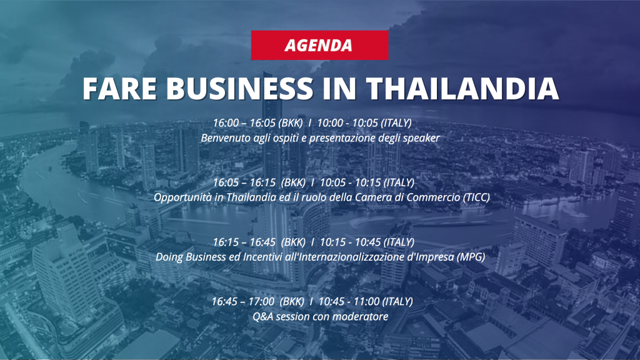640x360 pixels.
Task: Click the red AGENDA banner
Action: [x=319, y=45]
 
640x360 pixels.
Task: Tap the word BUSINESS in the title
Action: [x=239, y=88]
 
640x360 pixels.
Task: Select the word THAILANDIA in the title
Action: [x=462, y=88]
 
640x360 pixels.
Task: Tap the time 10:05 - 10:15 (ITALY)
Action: [x=367, y=182]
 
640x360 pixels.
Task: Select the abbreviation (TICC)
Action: [x=476, y=197]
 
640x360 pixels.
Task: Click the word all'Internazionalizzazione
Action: [x=338, y=257]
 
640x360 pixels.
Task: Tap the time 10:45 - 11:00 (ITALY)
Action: [x=366, y=302]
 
